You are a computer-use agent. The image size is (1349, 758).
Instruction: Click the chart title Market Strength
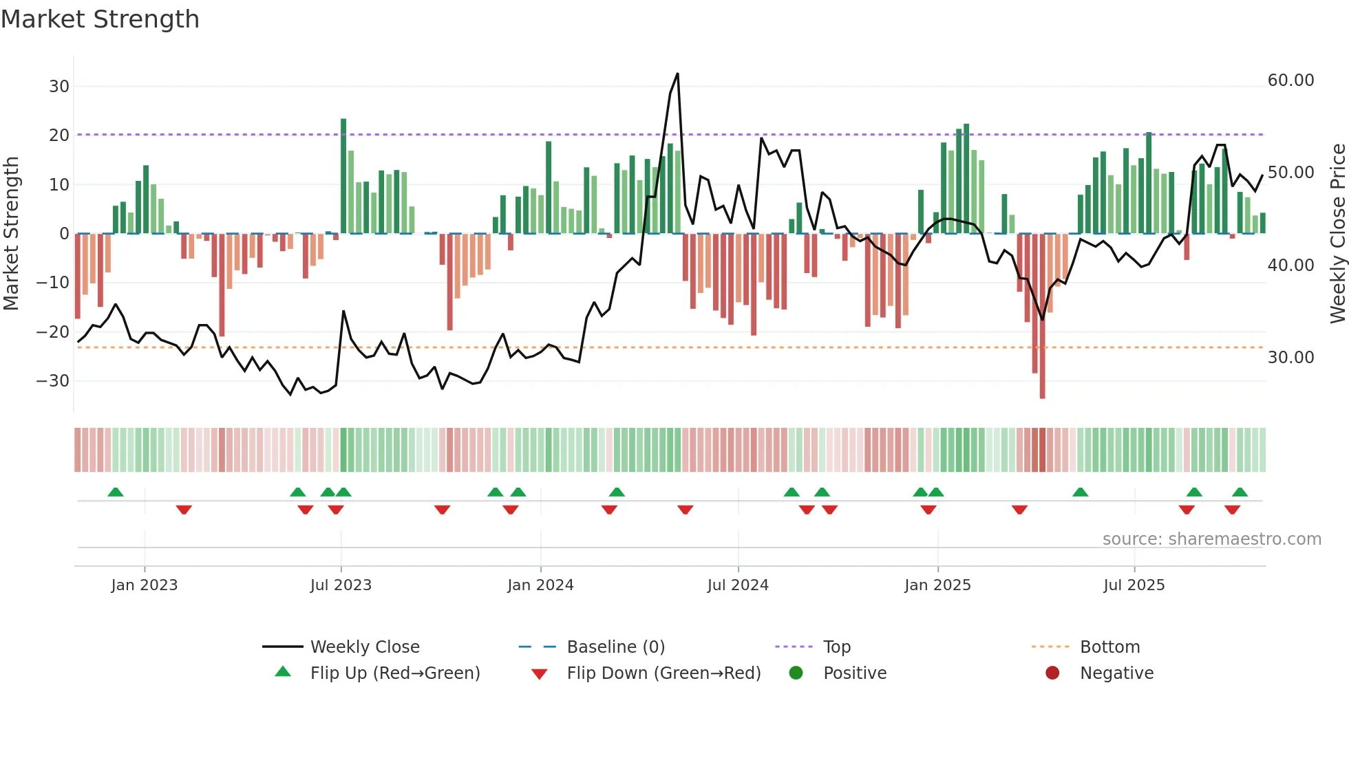(100, 19)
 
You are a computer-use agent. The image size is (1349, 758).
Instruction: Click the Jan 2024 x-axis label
(540, 585)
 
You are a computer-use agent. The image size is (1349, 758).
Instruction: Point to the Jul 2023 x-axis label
(341, 585)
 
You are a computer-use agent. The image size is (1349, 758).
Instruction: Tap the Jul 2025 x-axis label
(1134, 585)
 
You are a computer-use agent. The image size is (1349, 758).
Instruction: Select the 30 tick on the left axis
(59, 87)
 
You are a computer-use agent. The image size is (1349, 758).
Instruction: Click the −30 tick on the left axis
(53, 381)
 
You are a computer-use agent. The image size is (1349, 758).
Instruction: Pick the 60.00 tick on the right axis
(1290, 80)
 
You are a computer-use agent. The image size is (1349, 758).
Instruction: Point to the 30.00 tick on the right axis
(1290, 358)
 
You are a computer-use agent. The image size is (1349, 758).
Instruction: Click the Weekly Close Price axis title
(1337, 234)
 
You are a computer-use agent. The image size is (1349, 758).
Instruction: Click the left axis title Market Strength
(12, 234)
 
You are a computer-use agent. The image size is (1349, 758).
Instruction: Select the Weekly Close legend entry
(364, 647)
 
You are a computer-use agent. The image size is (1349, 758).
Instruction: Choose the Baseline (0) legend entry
(615, 647)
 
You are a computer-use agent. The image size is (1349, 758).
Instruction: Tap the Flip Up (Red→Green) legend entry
(394, 673)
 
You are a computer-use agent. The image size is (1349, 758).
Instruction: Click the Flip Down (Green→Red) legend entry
(663, 673)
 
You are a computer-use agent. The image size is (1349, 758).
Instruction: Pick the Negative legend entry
(1116, 673)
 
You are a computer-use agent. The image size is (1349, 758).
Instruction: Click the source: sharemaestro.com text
(1211, 539)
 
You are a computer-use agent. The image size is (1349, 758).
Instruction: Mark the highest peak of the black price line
(677, 74)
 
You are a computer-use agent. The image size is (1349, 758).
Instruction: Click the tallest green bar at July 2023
(343, 175)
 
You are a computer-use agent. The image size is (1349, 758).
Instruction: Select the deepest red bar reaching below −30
(1042, 316)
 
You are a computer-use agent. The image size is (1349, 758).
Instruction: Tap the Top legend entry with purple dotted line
(836, 647)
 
